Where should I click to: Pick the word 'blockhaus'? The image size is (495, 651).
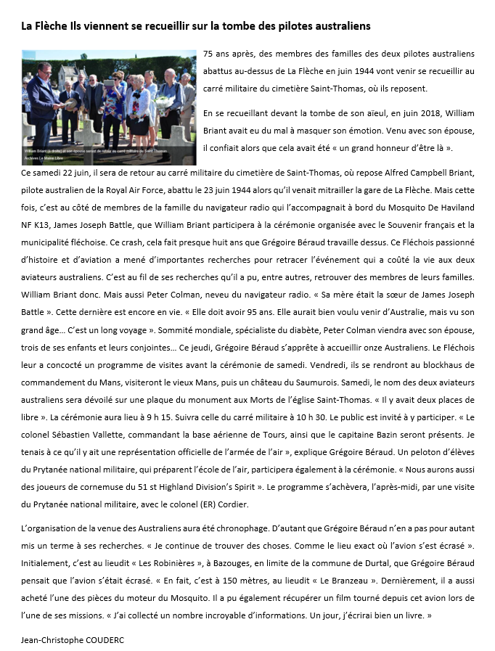[435, 364]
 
